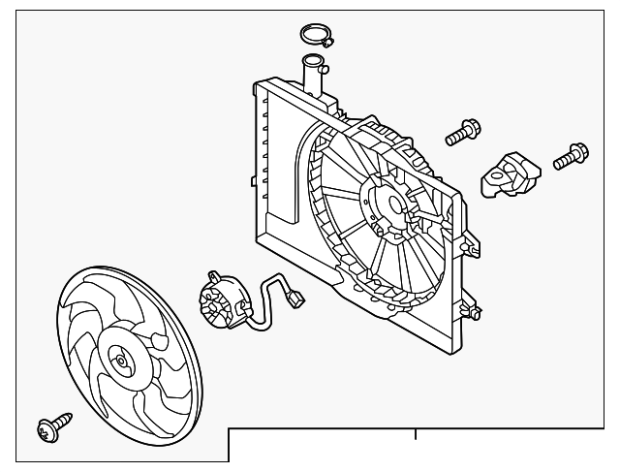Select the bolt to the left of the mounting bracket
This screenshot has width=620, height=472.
[x=462, y=132]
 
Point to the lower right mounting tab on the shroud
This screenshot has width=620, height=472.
[x=473, y=312]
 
